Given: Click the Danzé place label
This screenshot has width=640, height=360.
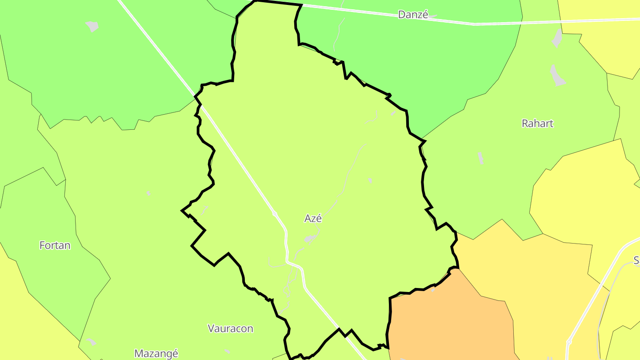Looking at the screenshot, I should click(x=413, y=15).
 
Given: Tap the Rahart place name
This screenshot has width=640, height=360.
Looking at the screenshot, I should click(x=537, y=124).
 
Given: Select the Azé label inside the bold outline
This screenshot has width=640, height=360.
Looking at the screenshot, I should click(x=313, y=218).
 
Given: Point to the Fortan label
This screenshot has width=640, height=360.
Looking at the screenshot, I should click(x=55, y=245).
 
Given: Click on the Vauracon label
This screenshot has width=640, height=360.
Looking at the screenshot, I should click(x=230, y=328).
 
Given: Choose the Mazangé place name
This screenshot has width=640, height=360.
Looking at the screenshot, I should click(x=156, y=353).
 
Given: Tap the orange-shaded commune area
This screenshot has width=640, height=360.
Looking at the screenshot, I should click(x=449, y=320).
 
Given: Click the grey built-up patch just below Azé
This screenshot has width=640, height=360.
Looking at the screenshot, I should click(x=310, y=239).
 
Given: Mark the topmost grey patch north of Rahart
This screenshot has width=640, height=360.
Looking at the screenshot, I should click(x=557, y=39).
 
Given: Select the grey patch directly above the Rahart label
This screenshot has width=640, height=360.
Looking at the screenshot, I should click(x=557, y=76).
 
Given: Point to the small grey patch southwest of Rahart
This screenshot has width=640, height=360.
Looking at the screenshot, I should click(x=480, y=158).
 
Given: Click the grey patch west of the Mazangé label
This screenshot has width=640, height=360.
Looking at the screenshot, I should click(x=92, y=342).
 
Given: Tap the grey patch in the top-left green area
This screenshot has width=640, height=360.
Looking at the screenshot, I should click(x=92, y=26).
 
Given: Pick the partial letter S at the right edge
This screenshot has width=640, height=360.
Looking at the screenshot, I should click(x=636, y=260).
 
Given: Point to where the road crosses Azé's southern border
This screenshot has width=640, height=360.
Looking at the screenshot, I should click(x=342, y=332).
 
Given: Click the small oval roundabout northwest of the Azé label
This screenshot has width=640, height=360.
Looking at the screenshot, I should click(x=275, y=214).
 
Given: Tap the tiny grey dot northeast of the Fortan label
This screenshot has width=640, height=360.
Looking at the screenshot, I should click(x=148, y=193).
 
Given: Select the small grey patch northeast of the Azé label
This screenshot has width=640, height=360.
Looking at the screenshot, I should click(x=370, y=180).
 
